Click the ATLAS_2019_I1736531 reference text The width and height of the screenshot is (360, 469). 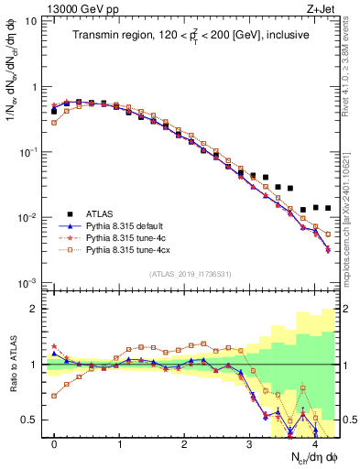191,274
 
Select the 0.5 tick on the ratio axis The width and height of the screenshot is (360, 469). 30,420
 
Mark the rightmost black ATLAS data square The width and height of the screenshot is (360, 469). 328,208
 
